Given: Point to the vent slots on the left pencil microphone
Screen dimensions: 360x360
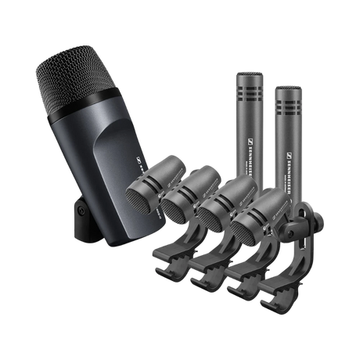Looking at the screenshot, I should [x=249, y=94].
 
